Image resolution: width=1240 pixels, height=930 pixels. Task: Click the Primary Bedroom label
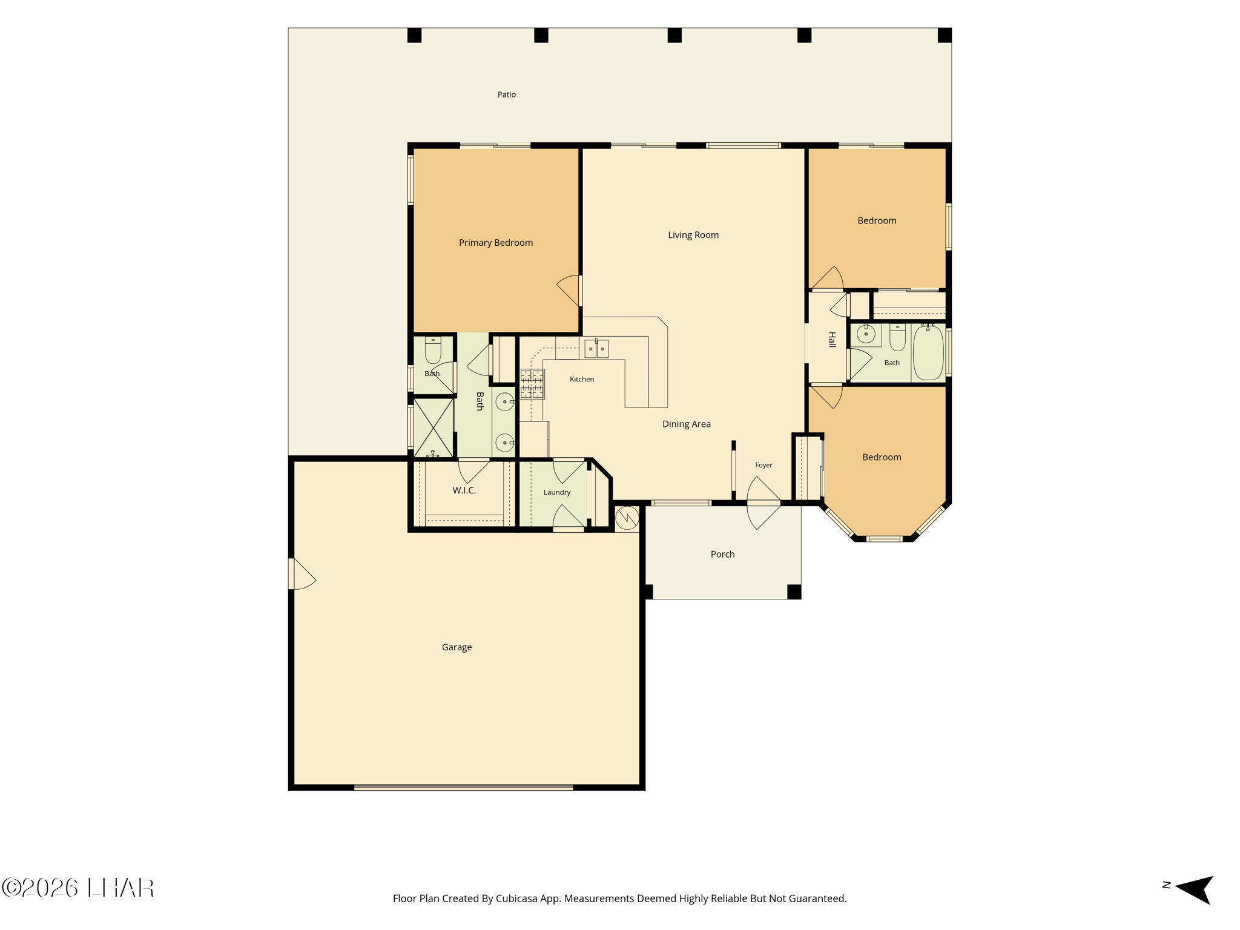pos(496,243)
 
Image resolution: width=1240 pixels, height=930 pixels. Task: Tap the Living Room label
pos(693,235)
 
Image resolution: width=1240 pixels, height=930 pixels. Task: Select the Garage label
pos(457,647)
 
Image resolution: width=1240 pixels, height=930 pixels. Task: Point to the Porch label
pos(722,554)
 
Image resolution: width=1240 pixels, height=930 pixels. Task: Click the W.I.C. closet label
pos(464,490)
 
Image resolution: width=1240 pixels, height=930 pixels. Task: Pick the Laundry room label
pos(557,492)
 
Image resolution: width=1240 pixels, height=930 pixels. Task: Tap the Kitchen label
pos(582,379)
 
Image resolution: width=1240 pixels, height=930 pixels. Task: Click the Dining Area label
pos(687,424)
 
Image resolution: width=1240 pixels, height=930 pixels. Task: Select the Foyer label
pos(763,465)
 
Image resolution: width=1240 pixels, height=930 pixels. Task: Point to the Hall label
pos(832,340)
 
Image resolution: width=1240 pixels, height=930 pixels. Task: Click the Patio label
pos(507,94)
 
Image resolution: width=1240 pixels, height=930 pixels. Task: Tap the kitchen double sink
pos(596,348)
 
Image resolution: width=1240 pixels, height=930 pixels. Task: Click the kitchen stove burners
pos(532,384)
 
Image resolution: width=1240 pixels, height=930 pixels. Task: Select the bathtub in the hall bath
pos(928,353)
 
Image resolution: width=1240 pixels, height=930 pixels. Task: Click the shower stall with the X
pos(433,427)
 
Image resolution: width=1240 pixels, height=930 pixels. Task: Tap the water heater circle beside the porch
pos(627,518)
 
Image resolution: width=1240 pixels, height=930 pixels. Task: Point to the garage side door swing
pos(302,573)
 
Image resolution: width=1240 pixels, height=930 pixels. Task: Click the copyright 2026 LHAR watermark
pos(78,888)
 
